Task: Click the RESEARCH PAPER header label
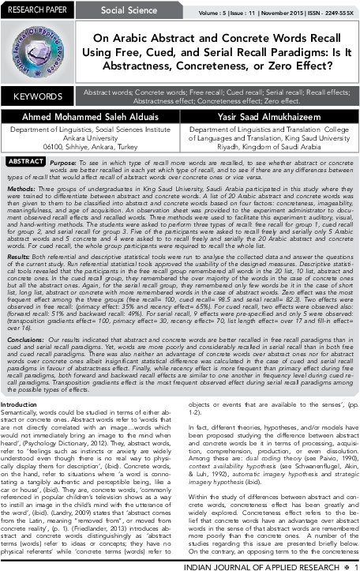[x=36, y=9]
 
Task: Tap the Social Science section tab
[x=129, y=10]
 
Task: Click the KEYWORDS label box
[x=38, y=96]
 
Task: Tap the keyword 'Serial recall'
[x=268, y=92]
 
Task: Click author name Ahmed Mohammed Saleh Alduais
[x=91, y=116]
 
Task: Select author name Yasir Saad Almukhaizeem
[x=268, y=116]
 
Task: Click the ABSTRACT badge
[x=25, y=161]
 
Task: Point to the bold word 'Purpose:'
[x=62, y=161]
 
